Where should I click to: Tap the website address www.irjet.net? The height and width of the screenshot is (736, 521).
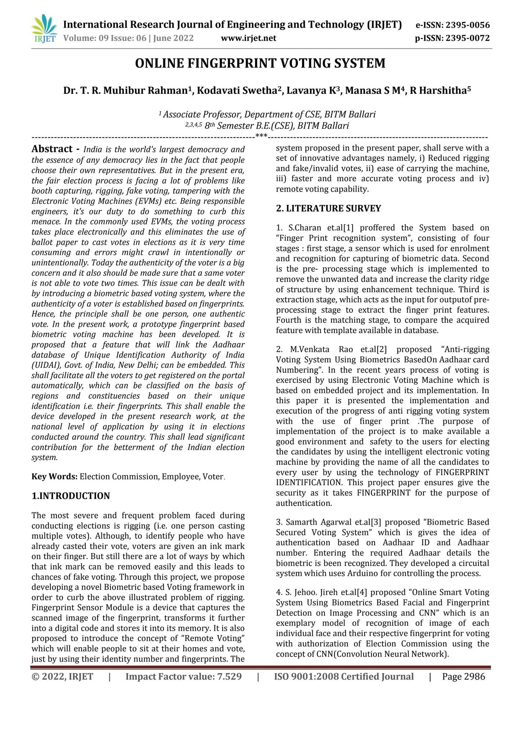point(248,38)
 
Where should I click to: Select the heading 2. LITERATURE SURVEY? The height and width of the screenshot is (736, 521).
point(328,208)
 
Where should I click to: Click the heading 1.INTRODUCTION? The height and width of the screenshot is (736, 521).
point(70,496)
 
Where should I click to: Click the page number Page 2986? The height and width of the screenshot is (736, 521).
point(463,677)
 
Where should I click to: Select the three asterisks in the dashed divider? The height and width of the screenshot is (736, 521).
point(261,136)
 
